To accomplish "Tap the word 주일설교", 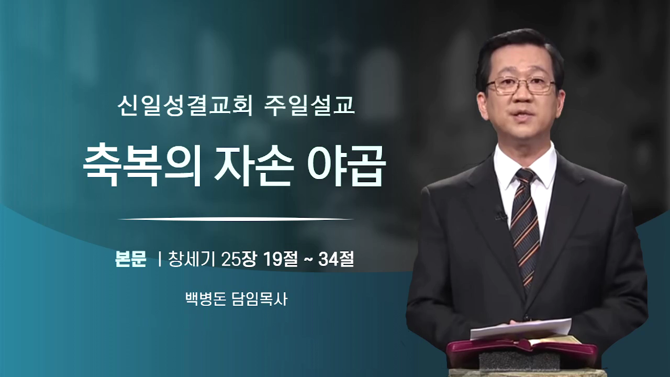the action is (x=309, y=105).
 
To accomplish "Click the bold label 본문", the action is (x=131, y=259).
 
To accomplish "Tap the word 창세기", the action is (x=192, y=259).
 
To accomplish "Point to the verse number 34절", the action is (x=336, y=259).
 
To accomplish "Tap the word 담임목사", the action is (x=259, y=299).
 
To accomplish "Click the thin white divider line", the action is (x=236, y=219).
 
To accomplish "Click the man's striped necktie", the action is (x=525, y=227).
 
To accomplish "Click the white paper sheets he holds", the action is (x=520, y=329).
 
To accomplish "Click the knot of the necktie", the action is (x=525, y=176).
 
